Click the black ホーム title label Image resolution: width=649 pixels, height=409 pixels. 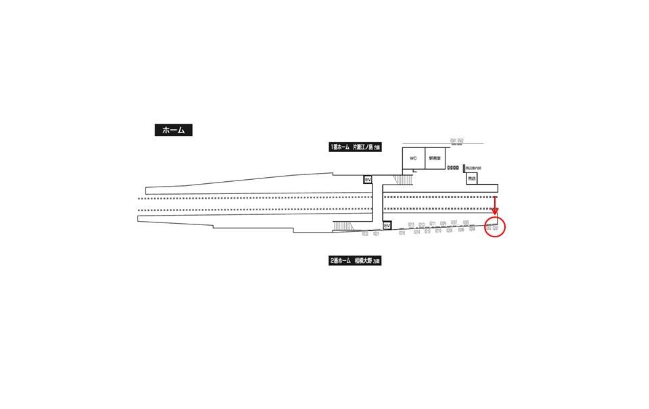173,130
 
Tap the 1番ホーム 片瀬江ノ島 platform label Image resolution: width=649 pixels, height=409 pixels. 355,147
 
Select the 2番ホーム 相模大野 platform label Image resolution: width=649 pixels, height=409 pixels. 355,260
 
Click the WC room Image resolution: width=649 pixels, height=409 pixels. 413,158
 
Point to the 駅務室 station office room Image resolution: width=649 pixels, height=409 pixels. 434,158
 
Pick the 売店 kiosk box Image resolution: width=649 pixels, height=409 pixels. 471,179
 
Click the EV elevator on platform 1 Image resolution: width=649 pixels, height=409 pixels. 368,180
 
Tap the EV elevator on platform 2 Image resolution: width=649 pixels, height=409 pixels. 387,226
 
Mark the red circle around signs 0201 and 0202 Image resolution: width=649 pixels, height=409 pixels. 495,226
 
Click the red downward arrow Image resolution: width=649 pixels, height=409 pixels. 495,205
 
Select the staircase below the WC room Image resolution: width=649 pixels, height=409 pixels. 404,179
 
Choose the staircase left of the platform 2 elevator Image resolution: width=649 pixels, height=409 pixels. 343,226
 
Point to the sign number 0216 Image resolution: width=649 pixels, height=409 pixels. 402,233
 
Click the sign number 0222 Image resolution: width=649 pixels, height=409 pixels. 365,234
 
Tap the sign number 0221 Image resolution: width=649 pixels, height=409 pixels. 376,234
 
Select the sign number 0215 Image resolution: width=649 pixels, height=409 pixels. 411,224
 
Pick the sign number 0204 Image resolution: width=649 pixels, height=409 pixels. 472,229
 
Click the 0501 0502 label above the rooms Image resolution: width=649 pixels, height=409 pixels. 457,141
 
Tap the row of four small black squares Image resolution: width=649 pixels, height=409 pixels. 452,167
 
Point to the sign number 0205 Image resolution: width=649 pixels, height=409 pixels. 466,222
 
